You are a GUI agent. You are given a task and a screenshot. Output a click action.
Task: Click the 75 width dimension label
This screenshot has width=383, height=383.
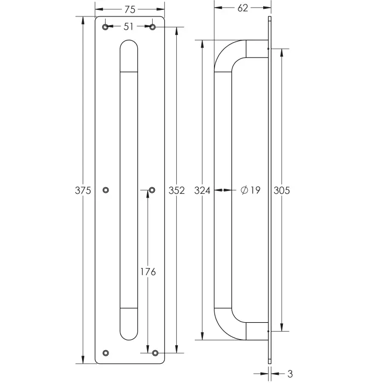tap(130, 9)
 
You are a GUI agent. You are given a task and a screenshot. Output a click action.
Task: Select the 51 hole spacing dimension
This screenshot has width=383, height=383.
tap(129, 27)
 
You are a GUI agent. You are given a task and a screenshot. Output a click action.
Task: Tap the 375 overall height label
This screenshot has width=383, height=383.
tap(83, 190)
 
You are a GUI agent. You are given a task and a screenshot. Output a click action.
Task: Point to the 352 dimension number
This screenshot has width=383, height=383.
tap(177, 190)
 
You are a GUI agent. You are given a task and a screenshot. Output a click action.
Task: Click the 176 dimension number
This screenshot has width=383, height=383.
tap(148, 271)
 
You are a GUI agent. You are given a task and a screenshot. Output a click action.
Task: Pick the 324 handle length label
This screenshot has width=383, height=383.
tap(202, 190)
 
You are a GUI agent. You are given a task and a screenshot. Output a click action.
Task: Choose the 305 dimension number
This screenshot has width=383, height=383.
tap(282, 190)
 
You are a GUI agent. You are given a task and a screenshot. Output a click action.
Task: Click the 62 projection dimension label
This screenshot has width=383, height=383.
tap(243, 8)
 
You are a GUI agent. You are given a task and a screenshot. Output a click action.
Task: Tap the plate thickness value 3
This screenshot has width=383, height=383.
tap(290, 374)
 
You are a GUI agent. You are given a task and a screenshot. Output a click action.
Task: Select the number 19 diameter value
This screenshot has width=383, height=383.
tap(256, 190)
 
